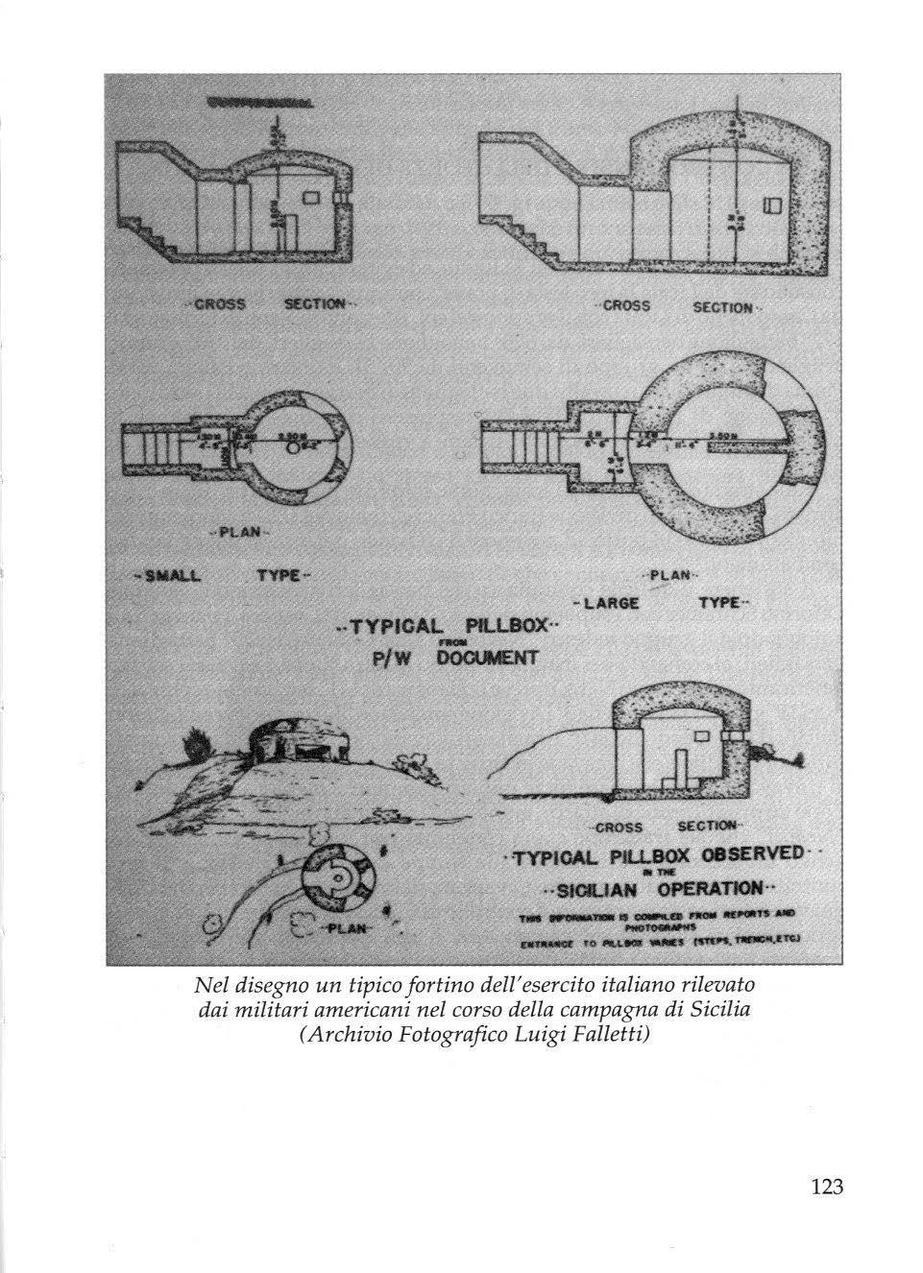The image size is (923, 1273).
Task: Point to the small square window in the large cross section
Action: click(770, 206)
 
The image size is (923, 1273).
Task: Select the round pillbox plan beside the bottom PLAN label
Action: click(333, 878)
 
